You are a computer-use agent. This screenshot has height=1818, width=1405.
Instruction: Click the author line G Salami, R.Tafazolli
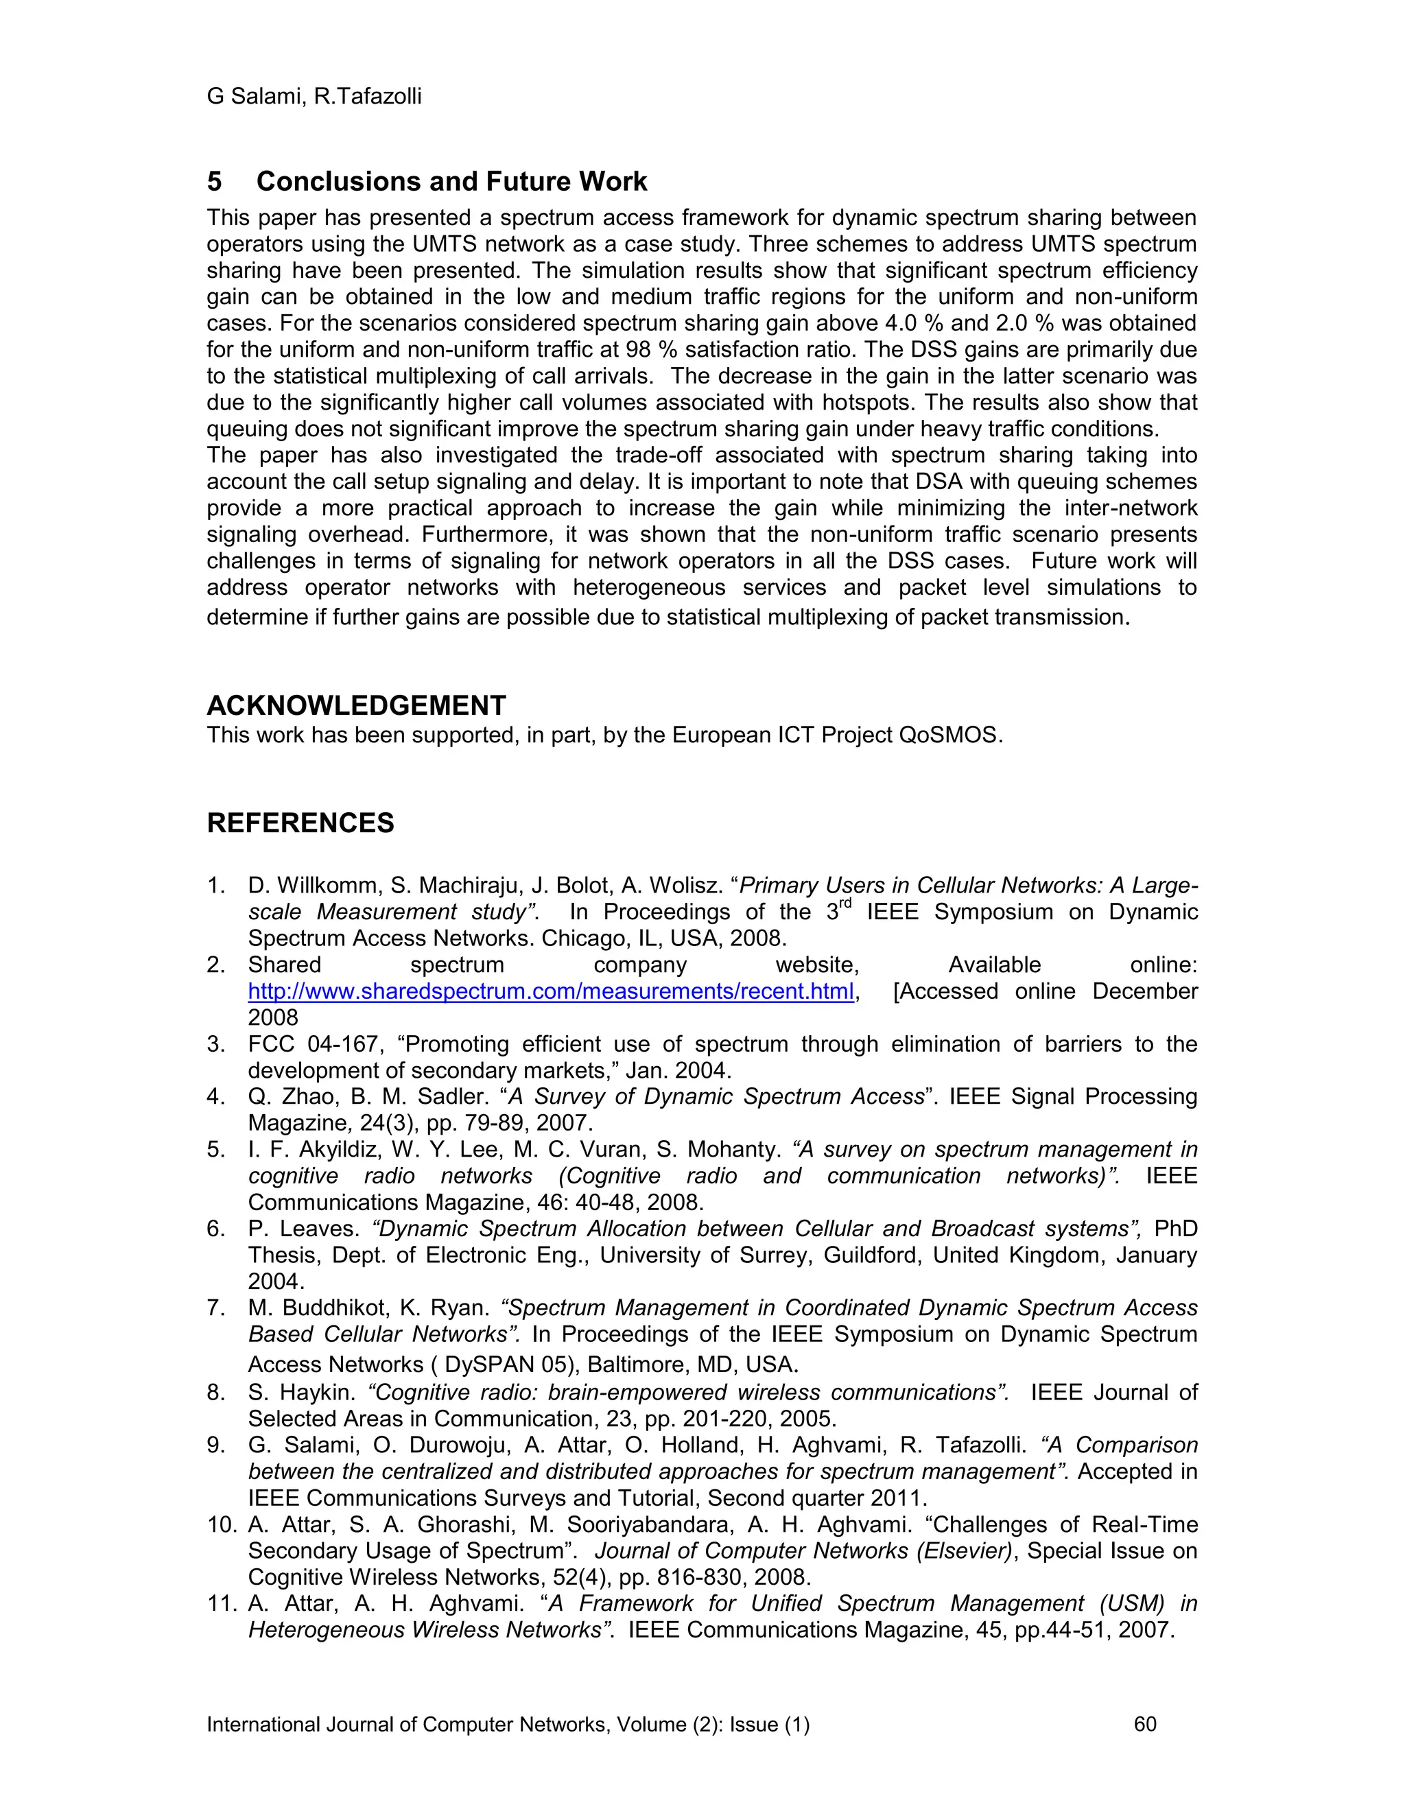[314, 97]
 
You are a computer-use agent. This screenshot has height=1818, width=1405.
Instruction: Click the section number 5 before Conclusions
[215, 182]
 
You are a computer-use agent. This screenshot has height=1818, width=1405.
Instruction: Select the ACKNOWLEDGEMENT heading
[356, 706]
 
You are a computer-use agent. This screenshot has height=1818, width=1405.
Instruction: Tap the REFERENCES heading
[300, 823]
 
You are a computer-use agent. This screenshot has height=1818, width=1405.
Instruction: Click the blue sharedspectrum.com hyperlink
[551, 991]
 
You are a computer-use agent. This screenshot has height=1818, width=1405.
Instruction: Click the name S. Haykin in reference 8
[302, 1393]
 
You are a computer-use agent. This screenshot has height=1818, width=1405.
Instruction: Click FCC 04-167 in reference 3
[296, 1044]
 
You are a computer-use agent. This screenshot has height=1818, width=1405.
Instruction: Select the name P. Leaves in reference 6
[304, 1229]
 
